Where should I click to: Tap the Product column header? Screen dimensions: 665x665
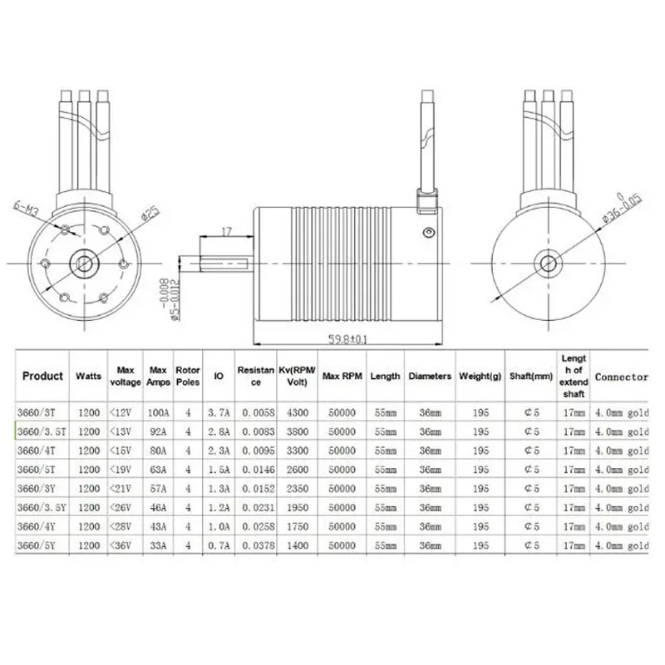pos(43,376)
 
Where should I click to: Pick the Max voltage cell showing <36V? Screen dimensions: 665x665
pos(126,545)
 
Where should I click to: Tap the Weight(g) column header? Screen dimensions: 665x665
pos(480,377)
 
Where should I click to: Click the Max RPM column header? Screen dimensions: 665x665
pos(342,377)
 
